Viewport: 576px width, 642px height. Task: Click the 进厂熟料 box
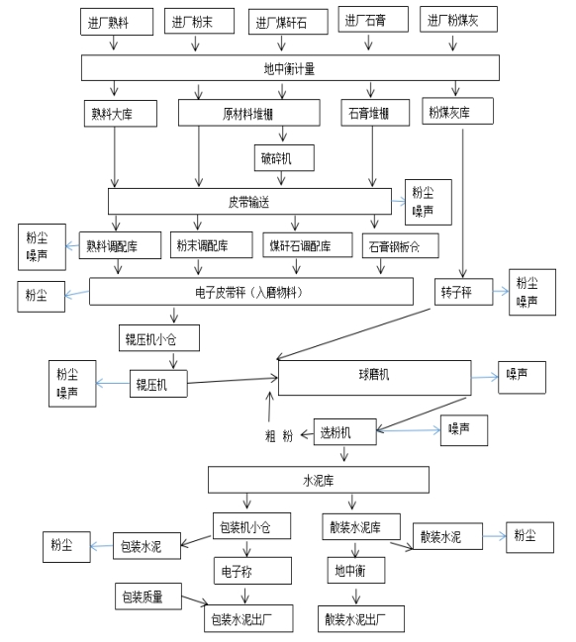[117, 22]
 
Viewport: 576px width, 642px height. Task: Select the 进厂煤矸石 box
[288, 22]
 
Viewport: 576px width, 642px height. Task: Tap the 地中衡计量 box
[290, 67]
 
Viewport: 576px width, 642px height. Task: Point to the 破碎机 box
[284, 157]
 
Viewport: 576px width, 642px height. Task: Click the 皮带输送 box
[249, 202]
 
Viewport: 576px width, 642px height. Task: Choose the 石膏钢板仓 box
[401, 245]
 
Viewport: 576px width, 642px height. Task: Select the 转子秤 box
[464, 292]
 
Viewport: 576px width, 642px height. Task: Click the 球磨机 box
[374, 378]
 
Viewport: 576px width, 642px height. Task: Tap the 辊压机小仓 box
[159, 338]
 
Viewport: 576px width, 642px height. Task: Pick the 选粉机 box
[345, 431]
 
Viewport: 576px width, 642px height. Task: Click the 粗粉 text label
[279, 435]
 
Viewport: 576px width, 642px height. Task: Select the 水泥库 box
[319, 480]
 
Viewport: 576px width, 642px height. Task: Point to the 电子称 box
[252, 571]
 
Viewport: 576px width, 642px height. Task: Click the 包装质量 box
[148, 596]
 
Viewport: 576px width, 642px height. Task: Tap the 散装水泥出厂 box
[361, 618]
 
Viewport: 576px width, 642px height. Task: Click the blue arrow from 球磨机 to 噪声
[485, 377]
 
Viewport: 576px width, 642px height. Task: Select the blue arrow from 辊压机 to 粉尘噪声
[113, 384]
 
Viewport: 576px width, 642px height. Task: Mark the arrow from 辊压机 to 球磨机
[233, 381]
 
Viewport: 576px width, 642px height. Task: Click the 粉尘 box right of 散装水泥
[530, 537]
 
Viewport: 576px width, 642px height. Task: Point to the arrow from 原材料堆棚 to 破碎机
[283, 134]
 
